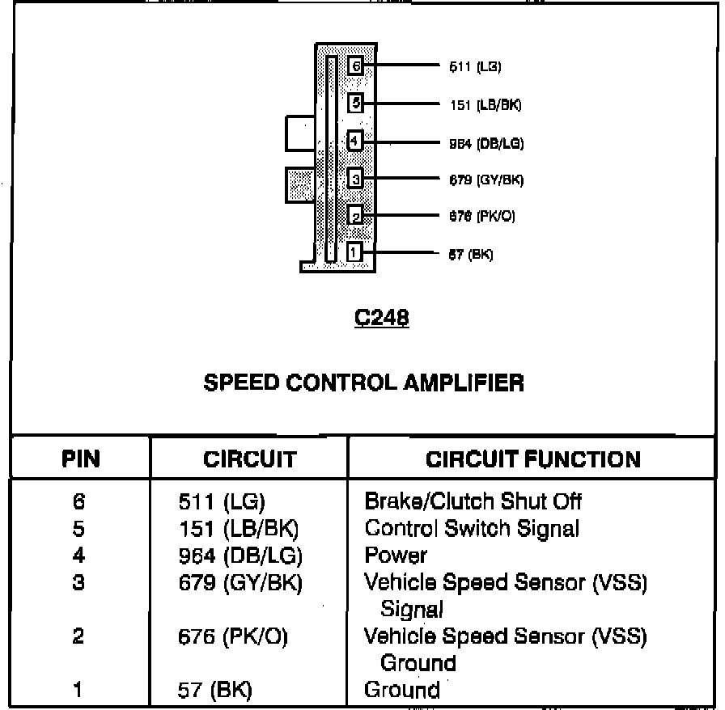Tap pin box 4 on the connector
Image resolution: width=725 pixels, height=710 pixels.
[x=354, y=142]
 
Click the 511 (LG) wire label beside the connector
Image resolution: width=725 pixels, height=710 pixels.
[x=469, y=67]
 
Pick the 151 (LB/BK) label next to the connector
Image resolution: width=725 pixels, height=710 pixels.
[x=485, y=105]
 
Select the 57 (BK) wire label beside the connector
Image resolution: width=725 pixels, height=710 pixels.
[x=470, y=255]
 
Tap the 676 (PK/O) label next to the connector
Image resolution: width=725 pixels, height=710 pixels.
[x=482, y=217]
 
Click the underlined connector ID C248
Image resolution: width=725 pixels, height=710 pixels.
[x=382, y=319]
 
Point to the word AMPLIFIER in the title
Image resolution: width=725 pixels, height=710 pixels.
[x=464, y=382]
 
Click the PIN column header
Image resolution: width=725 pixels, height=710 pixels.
[x=81, y=460]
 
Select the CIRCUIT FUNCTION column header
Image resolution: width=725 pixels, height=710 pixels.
[x=533, y=460]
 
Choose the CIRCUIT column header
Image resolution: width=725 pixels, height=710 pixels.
[x=249, y=460]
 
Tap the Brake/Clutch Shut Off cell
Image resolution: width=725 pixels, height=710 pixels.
[x=473, y=501]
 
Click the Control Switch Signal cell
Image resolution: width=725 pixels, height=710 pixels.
[x=472, y=529]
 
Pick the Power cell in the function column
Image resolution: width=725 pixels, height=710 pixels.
[x=396, y=556]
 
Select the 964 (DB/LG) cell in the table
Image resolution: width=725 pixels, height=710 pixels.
[x=240, y=556]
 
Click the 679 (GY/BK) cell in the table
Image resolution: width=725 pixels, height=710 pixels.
[x=240, y=583]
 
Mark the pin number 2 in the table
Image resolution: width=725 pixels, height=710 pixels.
[x=78, y=636]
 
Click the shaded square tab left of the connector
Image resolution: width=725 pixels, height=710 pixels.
[x=299, y=186]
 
